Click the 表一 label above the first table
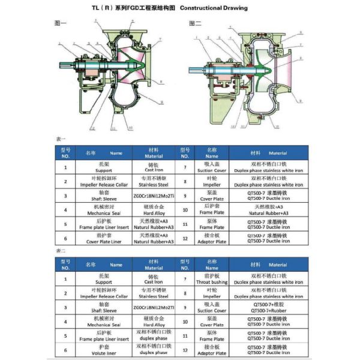(61, 139)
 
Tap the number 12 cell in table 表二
(185, 350)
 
